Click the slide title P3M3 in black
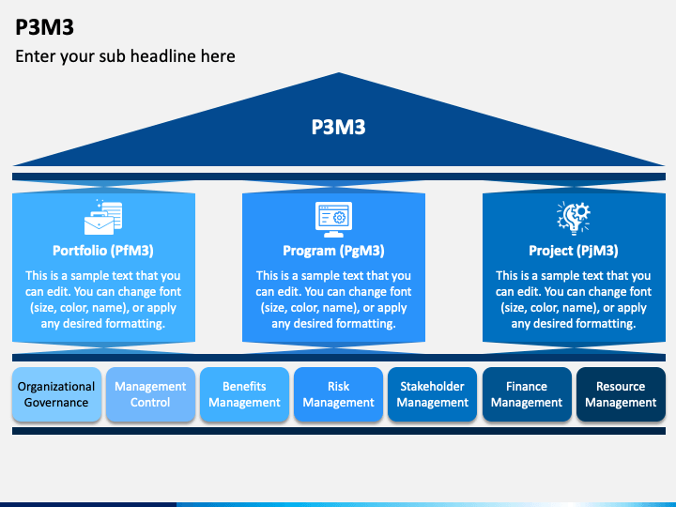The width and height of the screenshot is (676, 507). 44,27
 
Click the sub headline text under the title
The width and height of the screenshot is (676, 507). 125,56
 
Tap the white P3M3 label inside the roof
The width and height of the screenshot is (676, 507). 338,127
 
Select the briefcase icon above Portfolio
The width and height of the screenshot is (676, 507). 103,217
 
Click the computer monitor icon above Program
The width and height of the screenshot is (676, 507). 333,220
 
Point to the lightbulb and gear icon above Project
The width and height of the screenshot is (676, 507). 574,218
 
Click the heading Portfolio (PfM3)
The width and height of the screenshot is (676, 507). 103,251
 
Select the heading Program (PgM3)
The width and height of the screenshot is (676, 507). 333,251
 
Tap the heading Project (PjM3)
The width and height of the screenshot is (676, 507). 574,251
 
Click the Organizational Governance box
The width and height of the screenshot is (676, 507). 56,394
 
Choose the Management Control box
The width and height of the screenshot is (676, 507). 150,394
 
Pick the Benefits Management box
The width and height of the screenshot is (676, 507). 244,394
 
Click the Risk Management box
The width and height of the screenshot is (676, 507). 338,394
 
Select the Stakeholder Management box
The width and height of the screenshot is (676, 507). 433,394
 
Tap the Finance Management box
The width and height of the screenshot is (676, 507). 527,394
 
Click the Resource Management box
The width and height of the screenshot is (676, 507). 621,394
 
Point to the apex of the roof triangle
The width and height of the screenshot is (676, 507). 339,73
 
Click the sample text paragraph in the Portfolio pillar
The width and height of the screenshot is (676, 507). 103,300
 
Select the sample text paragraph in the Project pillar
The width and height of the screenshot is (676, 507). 574,300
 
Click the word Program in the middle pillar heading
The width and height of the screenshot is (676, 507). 309,251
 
